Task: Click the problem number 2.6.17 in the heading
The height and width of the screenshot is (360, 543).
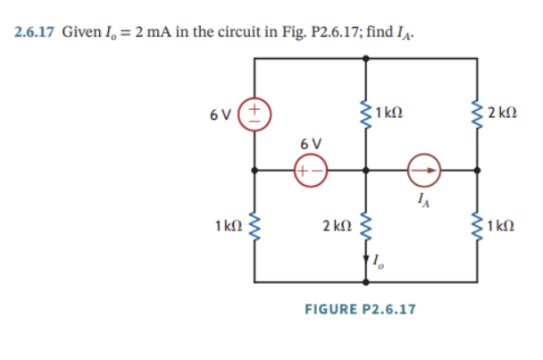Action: (35, 32)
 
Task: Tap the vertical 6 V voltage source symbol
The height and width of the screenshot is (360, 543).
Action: (255, 114)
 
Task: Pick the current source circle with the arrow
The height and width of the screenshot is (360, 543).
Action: (424, 169)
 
